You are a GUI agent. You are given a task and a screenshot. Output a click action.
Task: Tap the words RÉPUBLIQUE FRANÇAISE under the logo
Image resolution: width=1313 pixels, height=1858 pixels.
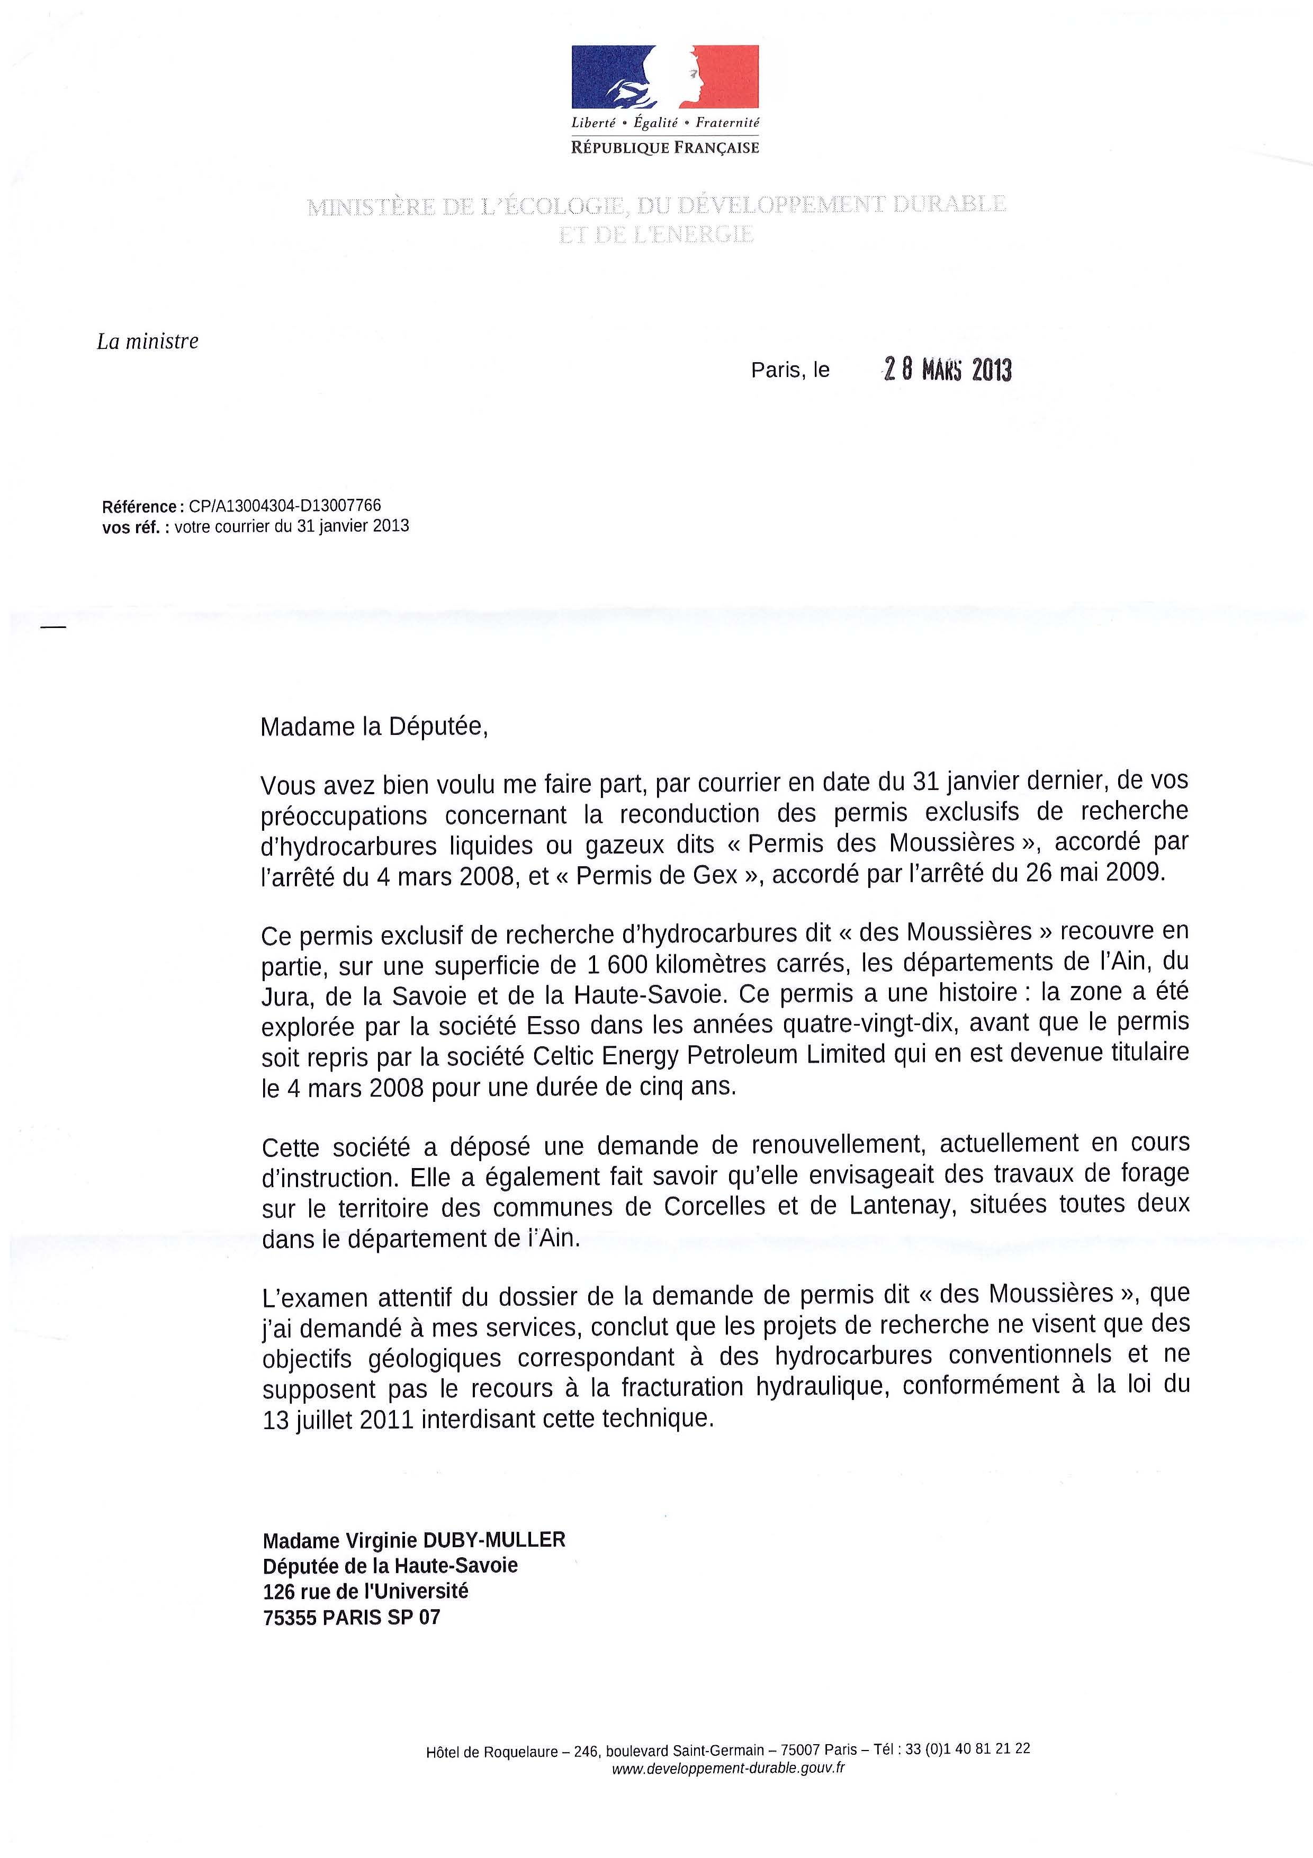click(665, 148)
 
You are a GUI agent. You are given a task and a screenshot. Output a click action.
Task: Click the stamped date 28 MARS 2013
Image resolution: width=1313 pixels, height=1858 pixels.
click(947, 370)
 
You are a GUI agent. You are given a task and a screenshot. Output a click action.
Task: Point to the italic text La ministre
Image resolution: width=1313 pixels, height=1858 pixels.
click(147, 342)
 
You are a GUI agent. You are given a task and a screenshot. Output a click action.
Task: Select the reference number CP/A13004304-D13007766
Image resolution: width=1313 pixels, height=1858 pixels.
click(285, 506)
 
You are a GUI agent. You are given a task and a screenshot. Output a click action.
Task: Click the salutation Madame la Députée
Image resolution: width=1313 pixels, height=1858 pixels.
click(374, 728)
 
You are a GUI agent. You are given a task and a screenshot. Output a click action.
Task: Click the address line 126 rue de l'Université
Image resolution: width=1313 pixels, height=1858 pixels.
click(366, 1592)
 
